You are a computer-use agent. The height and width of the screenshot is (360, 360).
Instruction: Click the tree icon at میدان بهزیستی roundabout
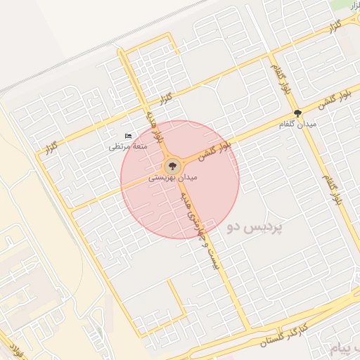(172, 167)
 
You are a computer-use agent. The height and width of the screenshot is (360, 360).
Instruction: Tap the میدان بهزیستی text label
(173, 179)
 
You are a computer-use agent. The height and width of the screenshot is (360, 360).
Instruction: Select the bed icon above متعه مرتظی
(127, 136)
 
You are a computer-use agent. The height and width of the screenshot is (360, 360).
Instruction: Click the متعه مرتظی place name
(127, 146)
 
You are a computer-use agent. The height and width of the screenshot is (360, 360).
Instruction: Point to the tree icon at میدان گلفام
(297, 113)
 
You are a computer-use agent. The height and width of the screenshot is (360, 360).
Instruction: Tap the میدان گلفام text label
(297, 124)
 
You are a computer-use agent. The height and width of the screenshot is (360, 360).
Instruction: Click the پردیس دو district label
(255, 229)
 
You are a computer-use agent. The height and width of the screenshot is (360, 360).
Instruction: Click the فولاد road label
(14, 351)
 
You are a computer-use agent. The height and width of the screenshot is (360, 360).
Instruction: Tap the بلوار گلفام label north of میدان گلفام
(279, 79)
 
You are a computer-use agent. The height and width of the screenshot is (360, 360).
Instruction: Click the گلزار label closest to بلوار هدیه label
(167, 98)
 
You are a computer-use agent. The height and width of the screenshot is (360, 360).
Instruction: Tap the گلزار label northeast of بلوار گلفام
(332, 26)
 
